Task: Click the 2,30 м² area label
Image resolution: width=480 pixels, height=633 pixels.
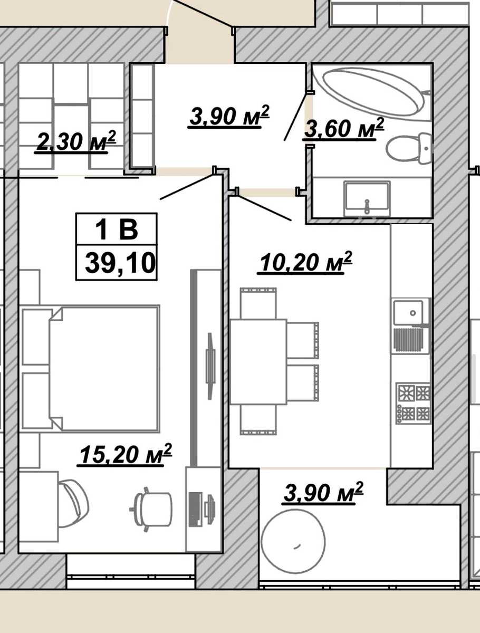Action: click(x=75, y=141)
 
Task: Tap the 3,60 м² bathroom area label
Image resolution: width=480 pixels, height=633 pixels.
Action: click(x=343, y=128)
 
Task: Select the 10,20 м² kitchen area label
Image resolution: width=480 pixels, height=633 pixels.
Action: click(x=305, y=262)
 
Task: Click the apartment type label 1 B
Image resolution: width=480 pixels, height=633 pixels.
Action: click(x=117, y=229)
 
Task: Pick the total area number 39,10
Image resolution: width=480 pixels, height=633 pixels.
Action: click(x=120, y=263)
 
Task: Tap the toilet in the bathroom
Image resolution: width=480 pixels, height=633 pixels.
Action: click(x=409, y=149)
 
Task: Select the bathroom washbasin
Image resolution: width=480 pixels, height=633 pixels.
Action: click(x=367, y=198)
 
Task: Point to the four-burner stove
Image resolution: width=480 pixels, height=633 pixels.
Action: click(x=413, y=403)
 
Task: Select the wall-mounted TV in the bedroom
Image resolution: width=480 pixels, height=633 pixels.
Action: click(x=211, y=366)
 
